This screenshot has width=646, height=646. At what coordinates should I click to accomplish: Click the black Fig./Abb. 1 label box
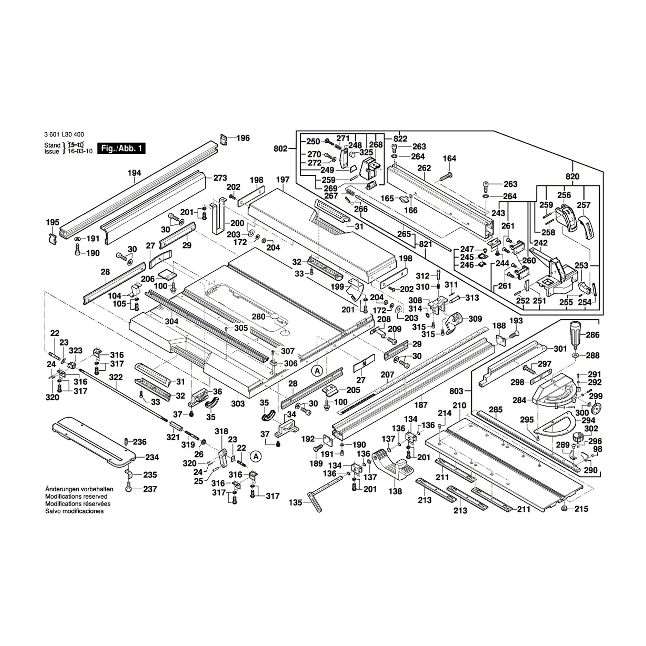(x=121, y=149)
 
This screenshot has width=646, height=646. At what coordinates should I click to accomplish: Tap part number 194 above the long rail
(x=134, y=173)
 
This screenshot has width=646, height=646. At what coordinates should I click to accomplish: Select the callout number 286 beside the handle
(x=593, y=334)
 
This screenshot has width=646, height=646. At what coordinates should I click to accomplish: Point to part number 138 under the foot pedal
(x=396, y=491)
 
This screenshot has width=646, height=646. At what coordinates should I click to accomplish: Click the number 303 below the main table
(x=238, y=403)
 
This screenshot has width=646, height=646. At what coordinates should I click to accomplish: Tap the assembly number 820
(x=572, y=177)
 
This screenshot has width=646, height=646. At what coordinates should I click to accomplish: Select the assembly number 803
(x=456, y=391)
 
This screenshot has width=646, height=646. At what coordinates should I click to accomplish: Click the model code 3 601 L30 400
(x=64, y=135)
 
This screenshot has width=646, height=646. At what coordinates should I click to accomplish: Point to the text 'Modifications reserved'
(x=76, y=496)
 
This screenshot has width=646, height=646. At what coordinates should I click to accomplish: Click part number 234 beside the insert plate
(x=152, y=457)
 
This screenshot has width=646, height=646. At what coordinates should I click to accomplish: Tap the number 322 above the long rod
(x=116, y=377)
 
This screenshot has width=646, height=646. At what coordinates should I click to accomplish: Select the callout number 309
(x=475, y=319)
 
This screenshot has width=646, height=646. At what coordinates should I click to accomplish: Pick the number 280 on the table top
(x=258, y=317)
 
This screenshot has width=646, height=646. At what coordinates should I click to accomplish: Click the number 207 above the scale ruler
(x=388, y=375)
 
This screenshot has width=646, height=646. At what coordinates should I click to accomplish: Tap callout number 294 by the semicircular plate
(x=588, y=420)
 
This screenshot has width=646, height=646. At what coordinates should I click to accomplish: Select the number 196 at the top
(x=243, y=138)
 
